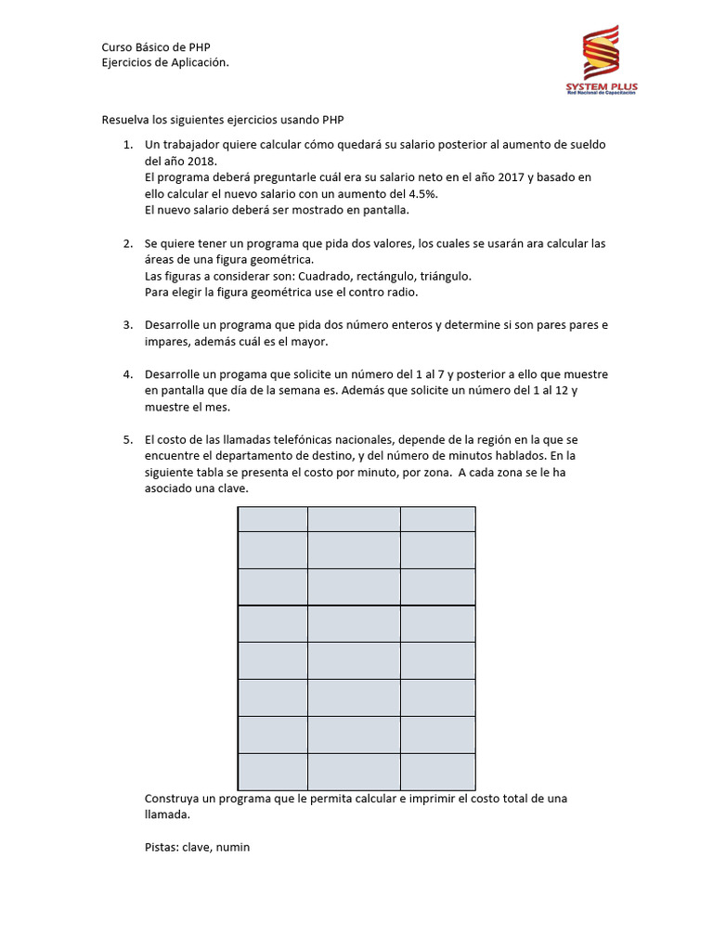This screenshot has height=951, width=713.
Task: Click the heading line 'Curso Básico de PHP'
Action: coord(162,47)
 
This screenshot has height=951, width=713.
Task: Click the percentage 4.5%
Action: coord(421,193)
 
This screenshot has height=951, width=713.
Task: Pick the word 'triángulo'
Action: coord(446,276)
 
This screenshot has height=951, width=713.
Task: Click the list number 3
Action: coord(127,325)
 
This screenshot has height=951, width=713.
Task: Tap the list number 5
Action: coord(127,439)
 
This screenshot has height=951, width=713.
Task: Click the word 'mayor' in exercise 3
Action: coord(311,341)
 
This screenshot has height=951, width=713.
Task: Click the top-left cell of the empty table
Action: coord(273,519)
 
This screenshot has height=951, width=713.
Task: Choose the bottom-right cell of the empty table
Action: coord(437,772)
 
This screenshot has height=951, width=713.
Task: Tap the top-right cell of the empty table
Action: coord(437,519)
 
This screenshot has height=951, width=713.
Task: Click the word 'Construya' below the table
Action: coord(173,799)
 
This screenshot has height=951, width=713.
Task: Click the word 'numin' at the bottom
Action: coord(234,847)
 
